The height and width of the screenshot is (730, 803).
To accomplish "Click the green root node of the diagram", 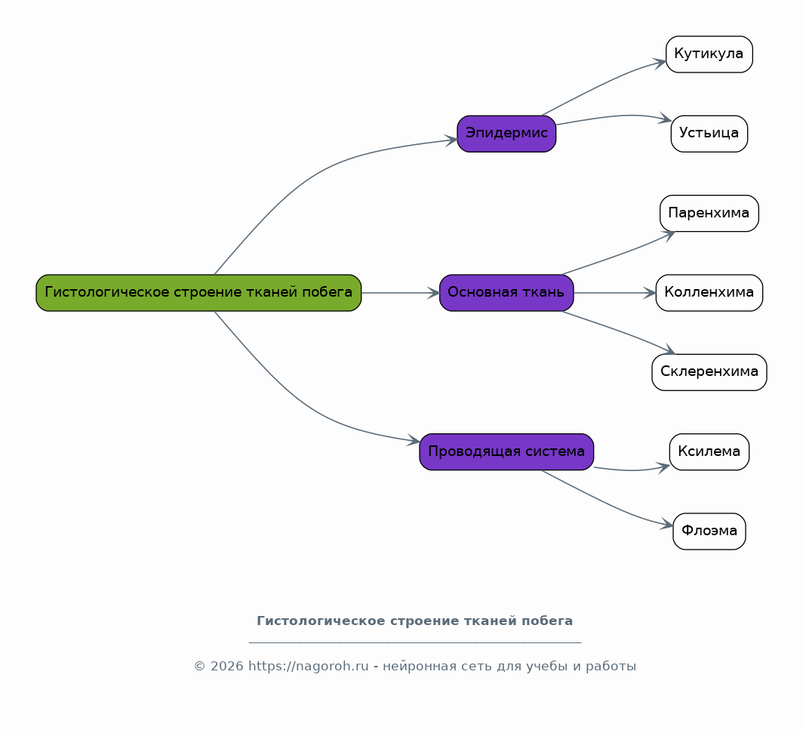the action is point(198,292).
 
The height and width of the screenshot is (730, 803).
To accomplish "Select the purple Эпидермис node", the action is point(506,134).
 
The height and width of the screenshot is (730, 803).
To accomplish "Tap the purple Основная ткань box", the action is point(506,292).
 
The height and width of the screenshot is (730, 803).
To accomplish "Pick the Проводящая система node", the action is point(506,452).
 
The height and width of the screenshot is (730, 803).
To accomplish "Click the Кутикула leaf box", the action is point(709,54).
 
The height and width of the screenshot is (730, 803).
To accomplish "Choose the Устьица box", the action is point(709,134).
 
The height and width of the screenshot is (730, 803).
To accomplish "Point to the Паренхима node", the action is point(709,213).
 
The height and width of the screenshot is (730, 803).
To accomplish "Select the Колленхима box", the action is point(709,292).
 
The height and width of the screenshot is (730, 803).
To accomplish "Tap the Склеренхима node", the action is point(709,372).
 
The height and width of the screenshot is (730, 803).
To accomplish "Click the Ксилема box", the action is point(709,452).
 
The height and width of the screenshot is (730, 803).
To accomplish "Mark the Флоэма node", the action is point(709,531).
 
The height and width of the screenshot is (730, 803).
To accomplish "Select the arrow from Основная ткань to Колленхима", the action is point(614,293).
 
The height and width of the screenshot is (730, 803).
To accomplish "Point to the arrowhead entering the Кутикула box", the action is point(660,63).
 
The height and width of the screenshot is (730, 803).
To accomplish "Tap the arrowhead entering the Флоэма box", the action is point(667,525).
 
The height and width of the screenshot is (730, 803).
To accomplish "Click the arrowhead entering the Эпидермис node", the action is point(451,140).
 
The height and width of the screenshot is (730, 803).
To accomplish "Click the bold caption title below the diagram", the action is point(415,621).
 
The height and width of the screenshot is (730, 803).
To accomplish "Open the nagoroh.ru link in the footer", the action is point(308,666).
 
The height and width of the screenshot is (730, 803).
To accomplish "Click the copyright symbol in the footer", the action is point(200,666).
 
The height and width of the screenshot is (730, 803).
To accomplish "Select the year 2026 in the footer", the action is point(227,666).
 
